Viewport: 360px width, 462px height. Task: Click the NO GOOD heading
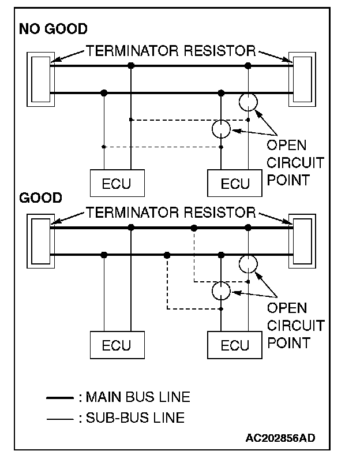click(x=53, y=29)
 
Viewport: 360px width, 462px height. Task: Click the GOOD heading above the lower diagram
click(x=40, y=198)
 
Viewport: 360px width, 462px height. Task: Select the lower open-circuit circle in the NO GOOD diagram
click(x=221, y=120)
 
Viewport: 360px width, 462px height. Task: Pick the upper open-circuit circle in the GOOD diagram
click(x=248, y=256)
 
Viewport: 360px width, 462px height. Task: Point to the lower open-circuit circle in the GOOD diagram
click(x=221, y=282)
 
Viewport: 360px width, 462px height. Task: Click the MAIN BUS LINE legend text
click(x=138, y=397)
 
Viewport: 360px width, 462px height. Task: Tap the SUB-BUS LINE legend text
click(x=135, y=418)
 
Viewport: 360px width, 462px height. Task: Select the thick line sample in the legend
click(x=60, y=398)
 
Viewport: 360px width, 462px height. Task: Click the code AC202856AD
click(x=280, y=438)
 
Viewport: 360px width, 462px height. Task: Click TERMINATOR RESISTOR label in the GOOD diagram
click(x=171, y=213)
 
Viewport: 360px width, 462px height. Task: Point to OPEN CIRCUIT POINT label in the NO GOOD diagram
click(x=295, y=163)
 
